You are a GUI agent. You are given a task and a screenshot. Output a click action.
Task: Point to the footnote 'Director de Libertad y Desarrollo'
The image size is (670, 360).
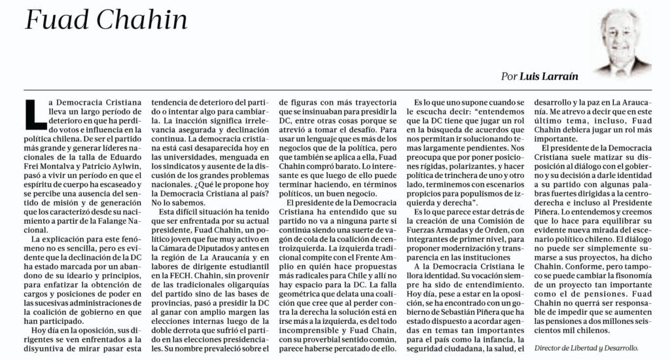[586, 349]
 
